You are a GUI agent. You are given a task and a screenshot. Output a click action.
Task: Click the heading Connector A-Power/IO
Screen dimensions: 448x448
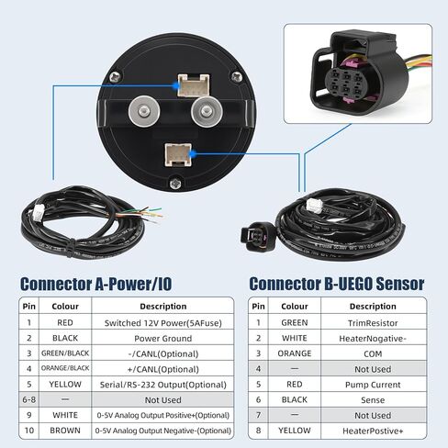coord(95,284)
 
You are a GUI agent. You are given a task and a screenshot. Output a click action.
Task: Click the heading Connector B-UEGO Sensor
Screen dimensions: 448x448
coord(337,284)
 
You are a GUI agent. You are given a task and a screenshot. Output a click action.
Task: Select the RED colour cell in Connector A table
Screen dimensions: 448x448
coord(65,322)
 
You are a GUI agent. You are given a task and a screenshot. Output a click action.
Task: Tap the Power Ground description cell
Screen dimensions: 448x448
coord(162,338)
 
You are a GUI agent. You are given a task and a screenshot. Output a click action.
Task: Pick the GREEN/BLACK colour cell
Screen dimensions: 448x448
coord(65,353)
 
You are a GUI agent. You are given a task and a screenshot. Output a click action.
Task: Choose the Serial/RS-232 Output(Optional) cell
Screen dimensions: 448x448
coord(162,385)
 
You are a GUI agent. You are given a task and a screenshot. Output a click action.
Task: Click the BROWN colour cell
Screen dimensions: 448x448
coord(65,431)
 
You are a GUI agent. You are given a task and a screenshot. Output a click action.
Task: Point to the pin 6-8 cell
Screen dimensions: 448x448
coord(29,399)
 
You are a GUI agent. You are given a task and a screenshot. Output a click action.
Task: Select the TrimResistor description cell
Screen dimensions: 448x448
coord(373,323)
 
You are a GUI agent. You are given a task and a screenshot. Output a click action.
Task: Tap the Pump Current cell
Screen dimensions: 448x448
coord(373,385)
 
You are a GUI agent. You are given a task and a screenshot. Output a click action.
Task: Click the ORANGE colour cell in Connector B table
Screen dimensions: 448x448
coord(295,353)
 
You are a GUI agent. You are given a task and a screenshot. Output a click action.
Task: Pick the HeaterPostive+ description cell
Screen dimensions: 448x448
coord(373,431)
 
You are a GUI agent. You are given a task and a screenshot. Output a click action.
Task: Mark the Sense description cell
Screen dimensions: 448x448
coord(373,399)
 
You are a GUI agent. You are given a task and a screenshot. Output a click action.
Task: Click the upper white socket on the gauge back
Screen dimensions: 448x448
coord(194,85)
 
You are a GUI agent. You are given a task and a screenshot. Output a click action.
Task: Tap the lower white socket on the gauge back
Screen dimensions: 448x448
coord(178,155)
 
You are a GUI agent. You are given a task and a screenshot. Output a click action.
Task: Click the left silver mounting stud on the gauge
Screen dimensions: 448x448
coord(144,111)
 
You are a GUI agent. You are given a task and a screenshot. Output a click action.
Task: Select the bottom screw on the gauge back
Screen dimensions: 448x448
coord(175,184)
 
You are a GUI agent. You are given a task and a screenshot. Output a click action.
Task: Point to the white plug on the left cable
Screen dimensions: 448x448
coord(39,211)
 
